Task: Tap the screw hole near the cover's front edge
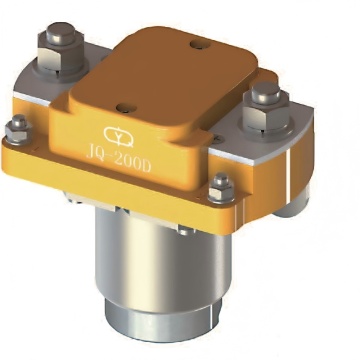[122, 106]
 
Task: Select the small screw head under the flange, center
[182, 231]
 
